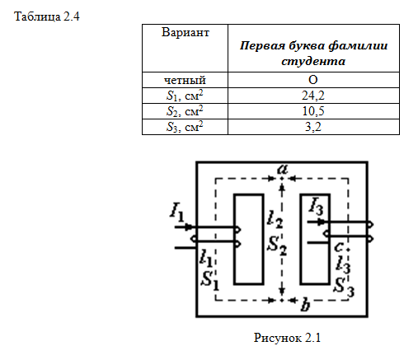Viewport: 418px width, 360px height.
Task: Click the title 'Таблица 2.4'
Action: click(x=47, y=16)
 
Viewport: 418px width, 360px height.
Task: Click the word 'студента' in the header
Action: click(x=313, y=61)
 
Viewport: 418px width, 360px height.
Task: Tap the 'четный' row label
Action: click(x=185, y=80)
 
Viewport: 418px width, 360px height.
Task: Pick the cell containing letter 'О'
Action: click(x=313, y=80)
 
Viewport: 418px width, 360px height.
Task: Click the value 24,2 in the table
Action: click(x=313, y=96)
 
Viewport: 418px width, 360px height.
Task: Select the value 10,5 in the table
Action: click(x=313, y=111)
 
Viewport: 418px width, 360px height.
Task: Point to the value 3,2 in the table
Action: click(x=313, y=127)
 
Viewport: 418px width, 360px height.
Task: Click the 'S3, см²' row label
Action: click(x=185, y=127)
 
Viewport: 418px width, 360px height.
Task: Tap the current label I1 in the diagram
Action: click(x=176, y=213)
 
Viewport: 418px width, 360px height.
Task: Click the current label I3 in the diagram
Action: click(x=316, y=206)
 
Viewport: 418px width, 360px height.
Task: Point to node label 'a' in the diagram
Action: click(x=282, y=169)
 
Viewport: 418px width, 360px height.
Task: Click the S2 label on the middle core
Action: click(x=277, y=245)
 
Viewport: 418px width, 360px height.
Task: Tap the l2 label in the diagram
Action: click(x=275, y=219)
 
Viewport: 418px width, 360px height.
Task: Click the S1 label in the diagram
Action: click(x=210, y=281)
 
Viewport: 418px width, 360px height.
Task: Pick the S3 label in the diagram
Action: click(x=344, y=288)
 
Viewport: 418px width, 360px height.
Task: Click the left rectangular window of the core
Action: click(x=249, y=239)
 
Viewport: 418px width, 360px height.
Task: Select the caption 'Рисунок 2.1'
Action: click(x=287, y=338)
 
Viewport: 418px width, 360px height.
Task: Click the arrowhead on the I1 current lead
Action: click(x=189, y=227)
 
